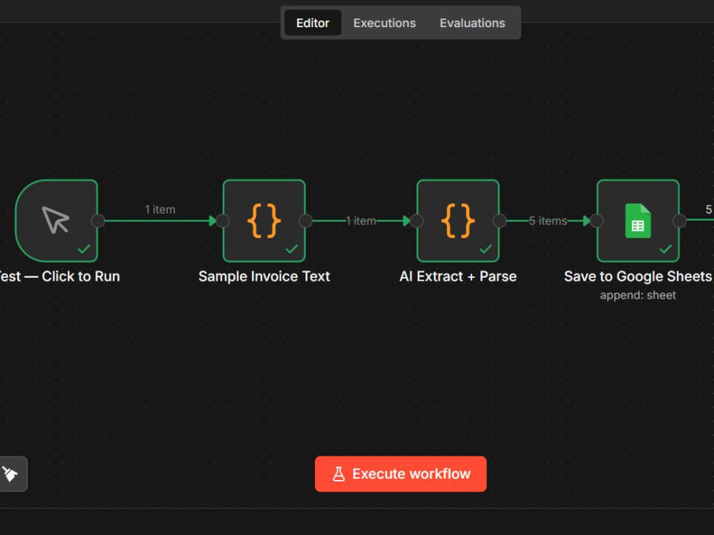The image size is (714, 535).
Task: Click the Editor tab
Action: [x=313, y=23]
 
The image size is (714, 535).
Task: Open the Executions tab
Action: [x=384, y=23]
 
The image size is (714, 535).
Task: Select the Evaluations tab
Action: [x=472, y=23]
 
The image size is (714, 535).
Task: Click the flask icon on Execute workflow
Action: [x=338, y=474]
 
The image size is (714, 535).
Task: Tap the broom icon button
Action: [x=10, y=474]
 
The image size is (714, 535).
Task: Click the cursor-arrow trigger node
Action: [x=56, y=221]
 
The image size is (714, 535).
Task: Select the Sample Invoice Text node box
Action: [x=264, y=221]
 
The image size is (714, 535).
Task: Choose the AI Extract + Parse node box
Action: [x=458, y=221]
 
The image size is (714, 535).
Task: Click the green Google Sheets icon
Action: [x=638, y=221]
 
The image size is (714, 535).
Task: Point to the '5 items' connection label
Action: [x=548, y=221]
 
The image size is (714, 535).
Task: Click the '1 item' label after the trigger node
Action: [x=160, y=209]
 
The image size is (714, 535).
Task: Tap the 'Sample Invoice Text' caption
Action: [x=264, y=276]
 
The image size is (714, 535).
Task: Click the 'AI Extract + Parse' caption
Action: [x=458, y=276]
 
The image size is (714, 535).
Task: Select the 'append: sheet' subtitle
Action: [x=638, y=295]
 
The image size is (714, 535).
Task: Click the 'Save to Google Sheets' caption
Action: [x=638, y=276]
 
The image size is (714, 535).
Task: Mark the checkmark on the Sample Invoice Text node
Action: [x=292, y=249]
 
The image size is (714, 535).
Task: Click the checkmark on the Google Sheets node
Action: [x=665, y=249]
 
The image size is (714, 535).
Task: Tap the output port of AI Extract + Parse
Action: [x=500, y=221]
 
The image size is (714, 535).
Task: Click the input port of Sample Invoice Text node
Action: [x=223, y=221]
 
